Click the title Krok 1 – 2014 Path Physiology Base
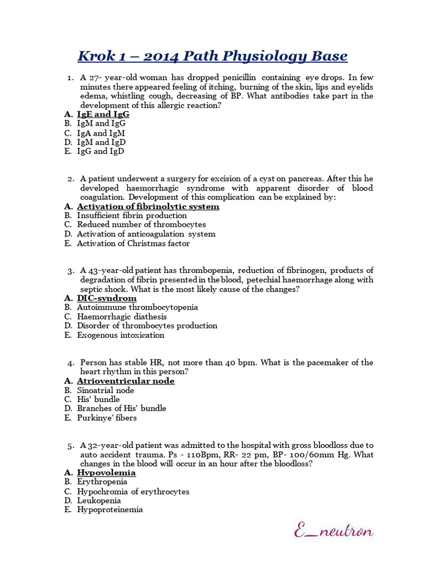[x=212, y=56]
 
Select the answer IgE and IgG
[x=103, y=114]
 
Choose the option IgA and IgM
[x=101, y=133]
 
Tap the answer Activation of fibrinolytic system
[x=148, y=207]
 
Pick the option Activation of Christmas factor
[x=133, y=243]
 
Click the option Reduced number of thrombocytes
[x=141, y=224]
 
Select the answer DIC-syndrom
[x=106, y=298]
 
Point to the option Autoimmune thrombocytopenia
[x=137, y=307]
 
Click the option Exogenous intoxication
[x=121, y=335]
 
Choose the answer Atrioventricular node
[x=126, y=381]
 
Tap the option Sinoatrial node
[x=106, y=390]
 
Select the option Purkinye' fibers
[x=107, y=417]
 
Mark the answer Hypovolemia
[x=106, y=473]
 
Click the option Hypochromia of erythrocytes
[x=133, y=491]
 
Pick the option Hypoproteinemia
[x=110, y=509]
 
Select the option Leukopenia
[x=99, y=501]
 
